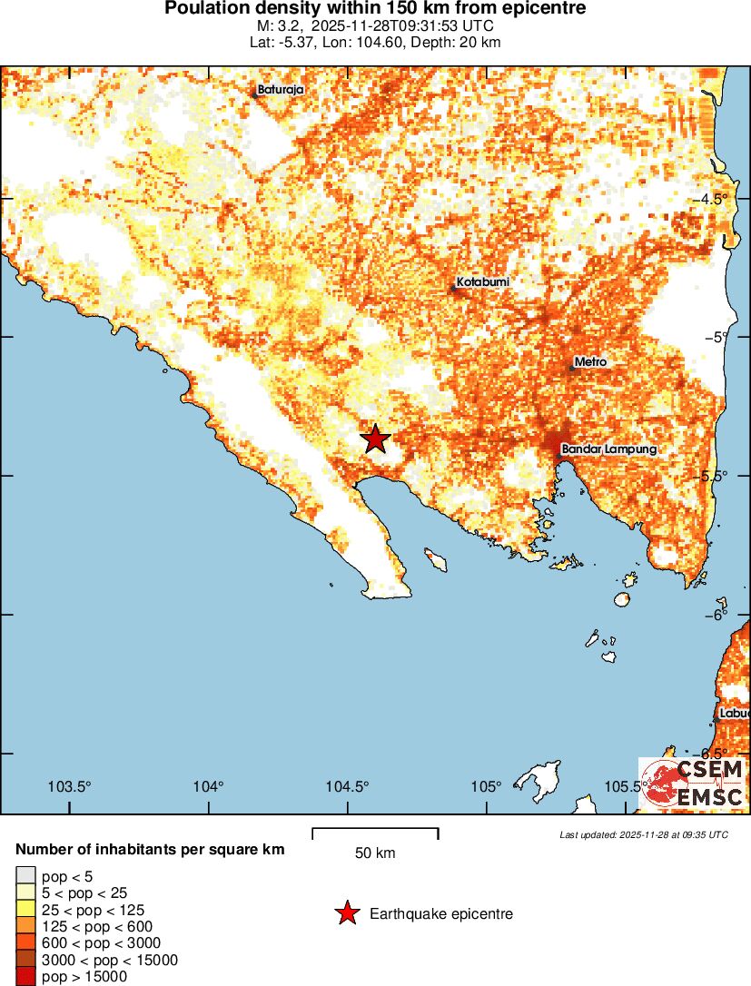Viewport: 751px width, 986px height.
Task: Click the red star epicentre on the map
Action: tap(375, 439)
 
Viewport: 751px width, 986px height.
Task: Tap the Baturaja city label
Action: tap(280, 90)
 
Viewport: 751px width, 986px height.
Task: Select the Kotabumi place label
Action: tap(482, 283)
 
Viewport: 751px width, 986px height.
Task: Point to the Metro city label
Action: tap(590, 362)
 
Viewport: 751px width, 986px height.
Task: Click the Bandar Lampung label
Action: tap(608, 449)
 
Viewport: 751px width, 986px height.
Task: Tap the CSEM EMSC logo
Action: tap(693, 784)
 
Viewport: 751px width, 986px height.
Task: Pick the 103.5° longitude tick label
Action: tap(70, 786)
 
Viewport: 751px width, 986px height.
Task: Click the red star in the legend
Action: tap(346, 913)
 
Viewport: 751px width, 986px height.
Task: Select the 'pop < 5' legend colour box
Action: tap(25, 876)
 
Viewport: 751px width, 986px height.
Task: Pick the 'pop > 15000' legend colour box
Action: tap(25, 977)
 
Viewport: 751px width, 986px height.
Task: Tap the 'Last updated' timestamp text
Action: tap(643, 834)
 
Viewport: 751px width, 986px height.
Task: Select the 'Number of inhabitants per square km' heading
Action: tap(150, 850)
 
